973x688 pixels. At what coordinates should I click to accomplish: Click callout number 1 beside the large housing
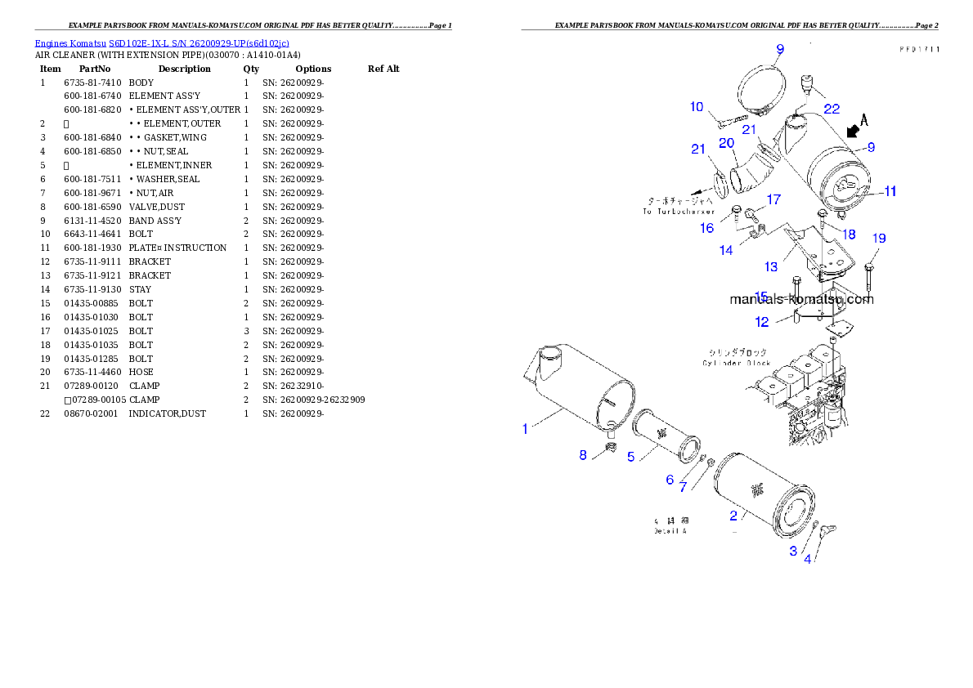point(526,427)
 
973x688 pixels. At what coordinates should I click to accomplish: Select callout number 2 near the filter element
point(733,515)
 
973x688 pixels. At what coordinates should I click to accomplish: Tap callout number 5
point(630,456)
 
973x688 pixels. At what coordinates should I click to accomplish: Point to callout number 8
point(583,454)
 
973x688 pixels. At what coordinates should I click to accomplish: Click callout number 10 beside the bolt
point(696,106)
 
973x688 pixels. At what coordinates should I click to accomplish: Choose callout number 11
point(890,191)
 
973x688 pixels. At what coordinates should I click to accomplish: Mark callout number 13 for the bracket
point(771,266)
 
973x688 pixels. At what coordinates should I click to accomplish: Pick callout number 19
point(879,239)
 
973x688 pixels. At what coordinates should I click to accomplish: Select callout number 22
point(831,108)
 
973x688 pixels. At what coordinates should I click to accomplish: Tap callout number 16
point(706,228)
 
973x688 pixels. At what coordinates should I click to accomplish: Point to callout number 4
point(808,560)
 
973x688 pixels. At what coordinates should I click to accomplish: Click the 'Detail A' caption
point(670,531)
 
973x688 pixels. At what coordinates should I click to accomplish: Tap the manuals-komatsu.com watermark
point(801,299)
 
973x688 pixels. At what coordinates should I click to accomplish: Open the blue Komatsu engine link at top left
point(162,42)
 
